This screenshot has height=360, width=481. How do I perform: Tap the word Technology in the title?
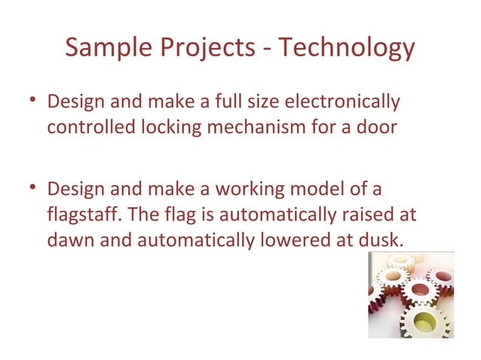(348, 47)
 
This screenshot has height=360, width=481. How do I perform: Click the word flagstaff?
(78, 213)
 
